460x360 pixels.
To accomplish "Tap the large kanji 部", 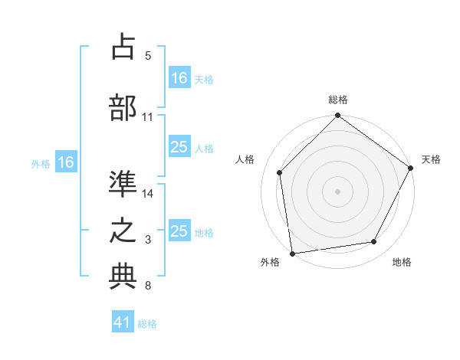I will coord(123,107).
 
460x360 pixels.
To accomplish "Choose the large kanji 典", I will coord(123,277).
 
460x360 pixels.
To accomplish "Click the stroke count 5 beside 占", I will coord(148,56).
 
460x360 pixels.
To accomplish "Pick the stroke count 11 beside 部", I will coord(148,117).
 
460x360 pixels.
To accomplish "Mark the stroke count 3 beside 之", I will coord(148,241).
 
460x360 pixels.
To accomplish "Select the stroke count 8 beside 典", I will coord(148,286).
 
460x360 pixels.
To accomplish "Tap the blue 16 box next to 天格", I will coord(179,77).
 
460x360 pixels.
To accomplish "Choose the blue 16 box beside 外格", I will coord(65,162).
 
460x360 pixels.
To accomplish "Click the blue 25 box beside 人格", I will coord(179,147).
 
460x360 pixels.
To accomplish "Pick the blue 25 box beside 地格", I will coord(179,231).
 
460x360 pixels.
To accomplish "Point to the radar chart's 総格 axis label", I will coord(338,100).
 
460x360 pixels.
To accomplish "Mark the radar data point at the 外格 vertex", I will coord(292,253).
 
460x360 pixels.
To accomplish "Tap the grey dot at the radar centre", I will coord(337,191).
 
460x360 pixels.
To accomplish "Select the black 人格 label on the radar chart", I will coord(245,159).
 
